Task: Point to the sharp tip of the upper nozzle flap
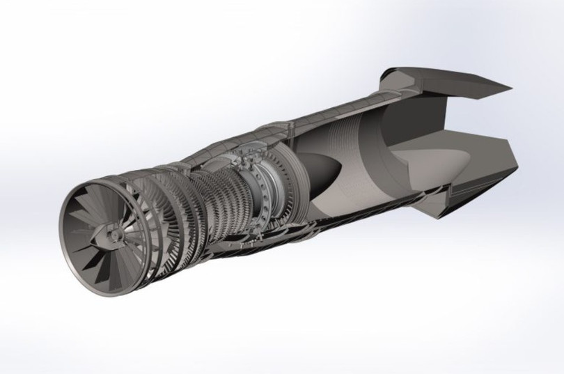(x=511, y=89)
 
